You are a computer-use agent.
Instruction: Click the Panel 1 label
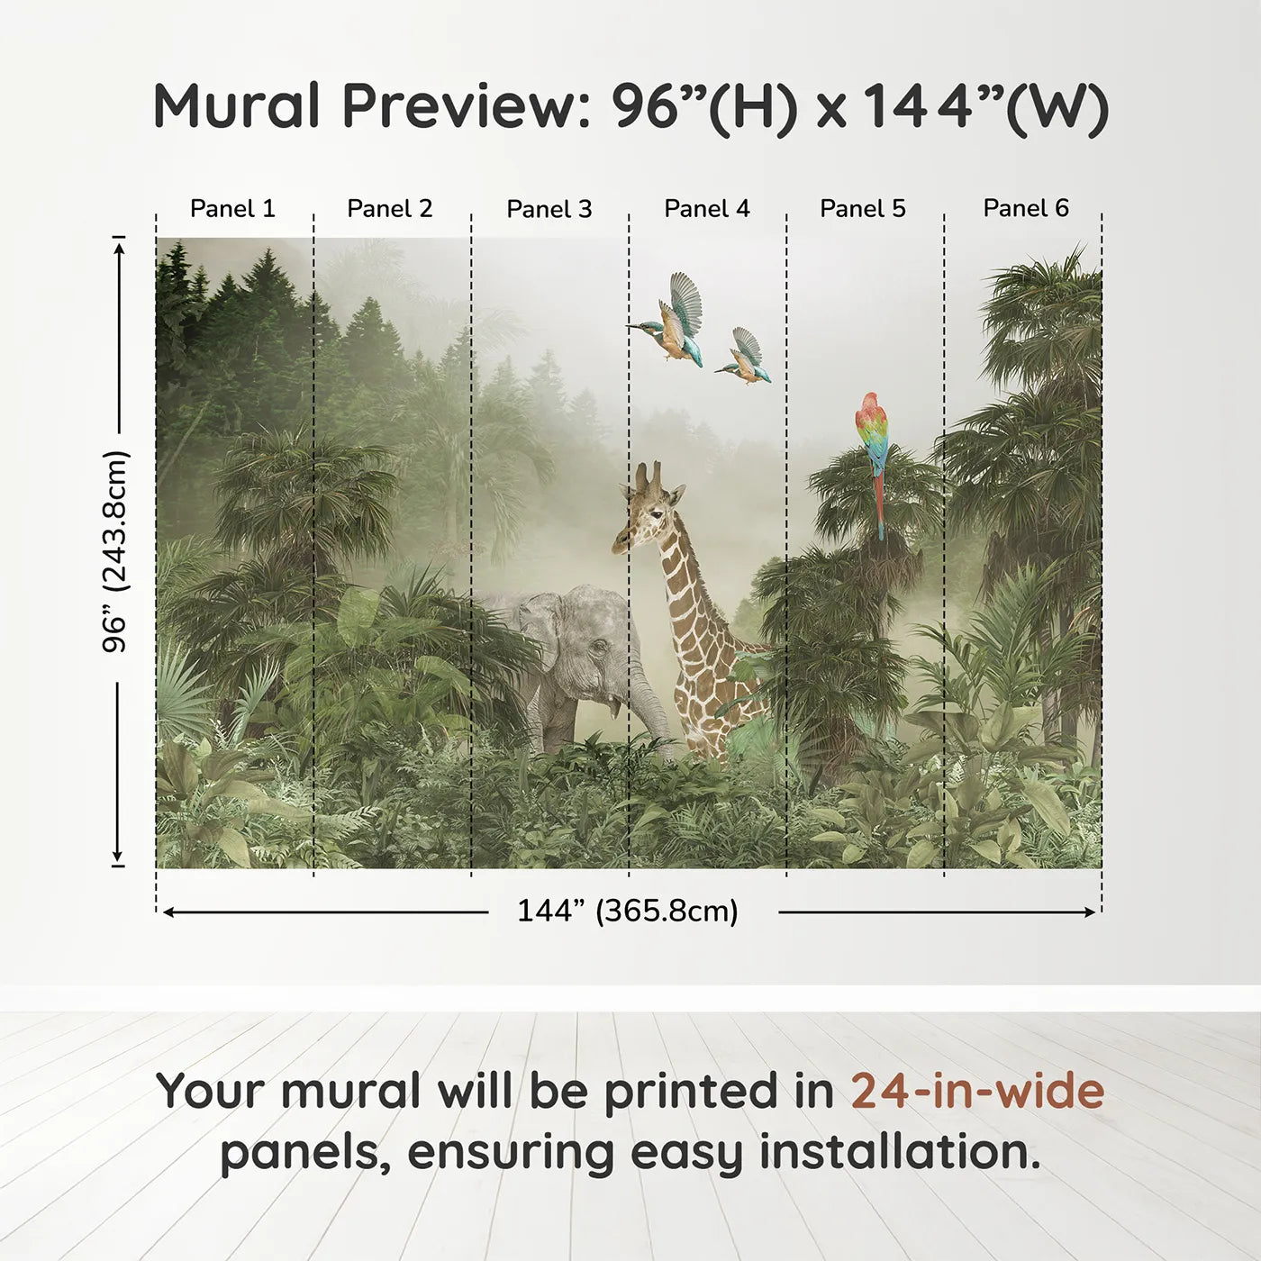pyautogui.click(x=232, y=208)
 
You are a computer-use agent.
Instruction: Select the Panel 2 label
pyautogui.click(x=389, y=208)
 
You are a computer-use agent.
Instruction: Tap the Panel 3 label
pyautogui.click(x=549, y=209)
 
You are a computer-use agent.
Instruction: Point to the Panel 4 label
pyautogui.click(x=707, y=208)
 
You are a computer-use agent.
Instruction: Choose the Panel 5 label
pyautogui.click(x=863, y=208)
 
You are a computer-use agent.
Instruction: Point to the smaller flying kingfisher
pyautogui.click(x=744, y=358)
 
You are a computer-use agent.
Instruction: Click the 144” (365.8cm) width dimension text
pyautogui.click(x=628, y=911)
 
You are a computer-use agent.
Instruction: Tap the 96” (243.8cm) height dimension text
pyautogui.click(x=116, y=551)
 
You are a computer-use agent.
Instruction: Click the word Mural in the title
pyautogui.click(x=236, y=106)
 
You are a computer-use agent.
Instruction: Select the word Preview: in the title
pyautogui.click(x=467, y=106)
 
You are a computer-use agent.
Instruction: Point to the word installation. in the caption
pyautogui.click(x=900, y=1151)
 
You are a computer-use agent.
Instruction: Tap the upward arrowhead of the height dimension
pyautogui.click(x=118, y=248)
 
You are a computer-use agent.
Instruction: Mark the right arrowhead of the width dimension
pyautogui.click(x=1090, y=912)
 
